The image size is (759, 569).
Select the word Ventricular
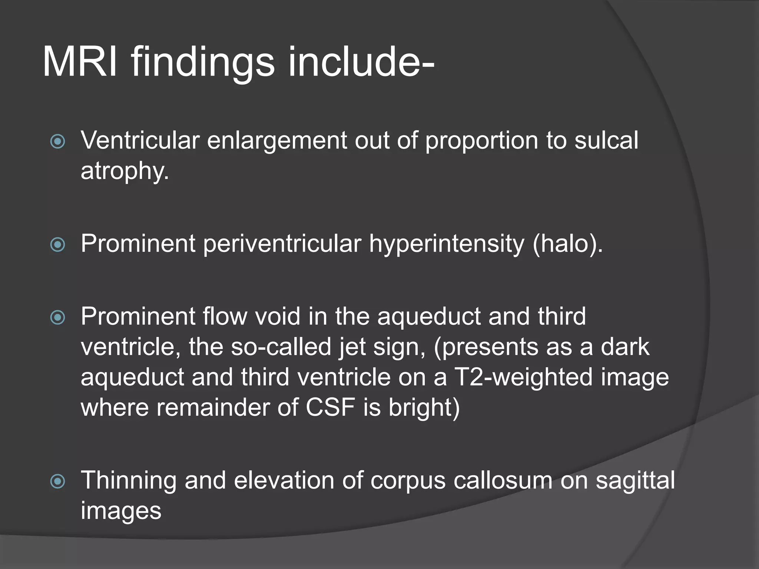[140, 140]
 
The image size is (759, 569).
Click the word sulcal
[606, 140]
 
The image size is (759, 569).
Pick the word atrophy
[125, 172]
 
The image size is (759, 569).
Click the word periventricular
[282, 244]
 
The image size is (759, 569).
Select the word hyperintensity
[447, 244]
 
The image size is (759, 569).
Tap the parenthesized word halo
[567, 244]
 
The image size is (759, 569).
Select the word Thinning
[128, 481]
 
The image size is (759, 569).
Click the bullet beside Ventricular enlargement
[57, 141]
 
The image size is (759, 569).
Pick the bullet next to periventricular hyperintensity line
[57, 244]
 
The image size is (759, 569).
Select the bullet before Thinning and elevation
[57, 482]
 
